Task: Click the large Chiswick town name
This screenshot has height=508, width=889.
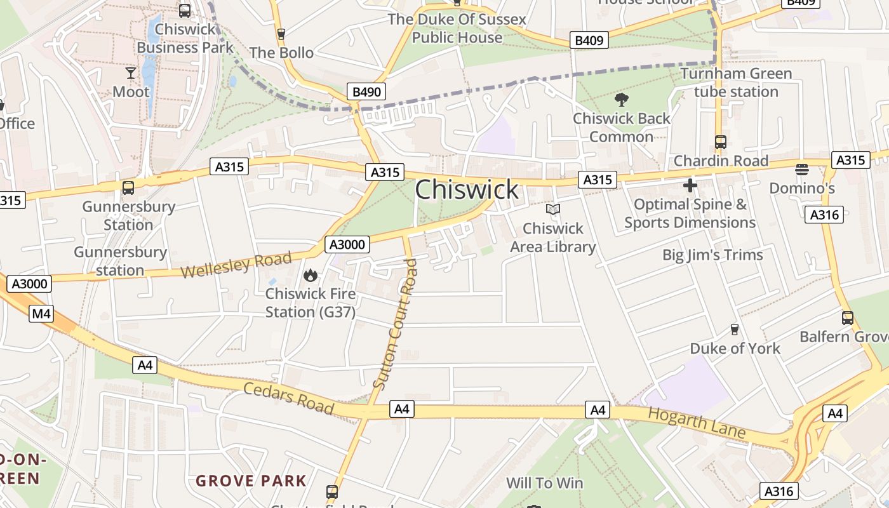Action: coord(467,189)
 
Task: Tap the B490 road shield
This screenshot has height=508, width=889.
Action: coord(366,91)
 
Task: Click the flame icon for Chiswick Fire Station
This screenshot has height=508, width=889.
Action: coord(310,275)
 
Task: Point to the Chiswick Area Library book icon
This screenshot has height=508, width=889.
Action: coord(553,209)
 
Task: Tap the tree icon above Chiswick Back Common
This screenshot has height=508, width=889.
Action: coord(622,99)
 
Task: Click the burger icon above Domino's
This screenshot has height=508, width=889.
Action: coord(802,170)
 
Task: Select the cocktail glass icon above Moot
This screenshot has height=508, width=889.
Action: coord(131,73)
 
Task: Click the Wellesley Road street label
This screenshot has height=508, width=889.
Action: coord(236,264)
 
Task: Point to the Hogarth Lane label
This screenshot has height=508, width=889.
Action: coord(697,423)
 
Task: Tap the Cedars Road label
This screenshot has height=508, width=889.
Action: coord(289,398)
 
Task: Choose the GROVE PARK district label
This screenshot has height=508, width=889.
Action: coord(251,481)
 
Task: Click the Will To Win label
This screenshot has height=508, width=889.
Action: coord(544,483)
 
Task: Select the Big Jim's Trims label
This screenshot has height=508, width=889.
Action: coord(712,255)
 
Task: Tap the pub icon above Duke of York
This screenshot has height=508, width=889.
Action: coord(735,329)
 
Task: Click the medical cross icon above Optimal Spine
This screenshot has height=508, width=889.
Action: coord(690,185)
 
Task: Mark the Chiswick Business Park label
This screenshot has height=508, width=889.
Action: coord(177,38)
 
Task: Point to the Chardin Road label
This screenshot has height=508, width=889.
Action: coord(721,161)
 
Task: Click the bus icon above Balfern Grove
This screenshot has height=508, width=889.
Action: coord(847,318)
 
